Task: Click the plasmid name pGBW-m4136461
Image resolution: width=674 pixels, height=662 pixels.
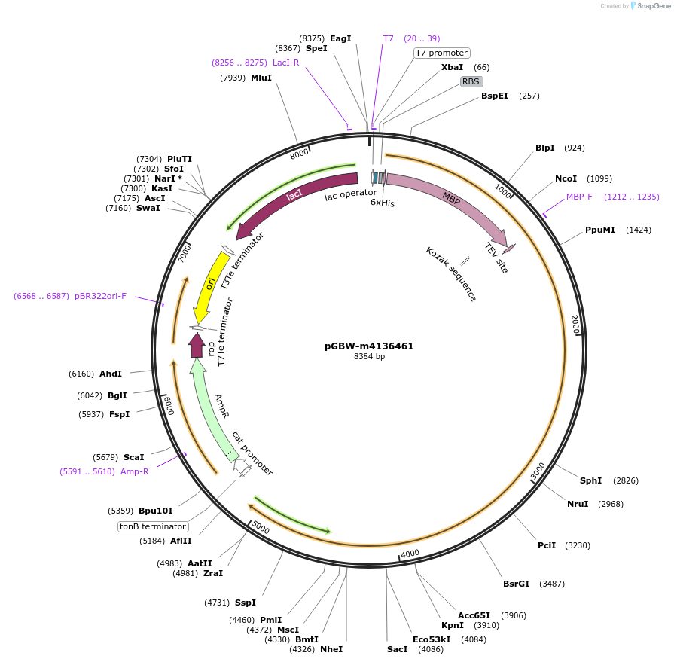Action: (369, 346)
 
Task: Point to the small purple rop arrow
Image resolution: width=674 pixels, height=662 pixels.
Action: (197, 346)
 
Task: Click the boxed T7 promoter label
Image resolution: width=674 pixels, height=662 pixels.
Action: (442, 53)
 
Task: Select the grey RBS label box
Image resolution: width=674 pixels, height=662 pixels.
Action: (471, 81)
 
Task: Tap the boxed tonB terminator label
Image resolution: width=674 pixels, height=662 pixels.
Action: (153, 526)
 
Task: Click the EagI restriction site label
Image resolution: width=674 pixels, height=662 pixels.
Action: (340, 38)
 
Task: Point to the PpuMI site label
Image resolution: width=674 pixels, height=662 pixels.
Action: (600, 230)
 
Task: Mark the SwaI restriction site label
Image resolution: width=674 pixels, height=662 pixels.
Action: (148, 208)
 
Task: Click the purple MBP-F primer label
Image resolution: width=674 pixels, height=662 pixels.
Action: (579, 197)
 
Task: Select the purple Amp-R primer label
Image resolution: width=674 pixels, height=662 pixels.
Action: (135, 471)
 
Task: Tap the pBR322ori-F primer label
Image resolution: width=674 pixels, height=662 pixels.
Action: (100, 296)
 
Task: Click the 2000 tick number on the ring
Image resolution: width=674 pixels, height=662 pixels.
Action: (575, 325)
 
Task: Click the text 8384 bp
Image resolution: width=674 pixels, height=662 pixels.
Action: (369, 357)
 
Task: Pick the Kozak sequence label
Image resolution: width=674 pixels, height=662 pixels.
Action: (451, 274)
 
